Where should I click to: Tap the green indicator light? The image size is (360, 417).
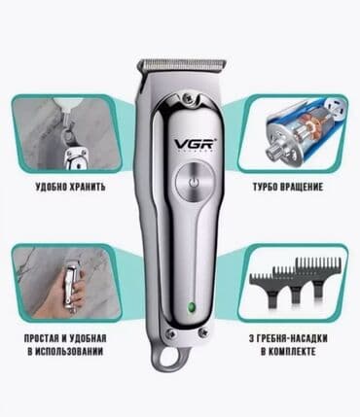(x=192, y=307)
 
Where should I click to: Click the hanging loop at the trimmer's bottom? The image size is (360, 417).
(x=169, y=357)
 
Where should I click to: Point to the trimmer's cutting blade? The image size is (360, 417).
(x=182, y=64)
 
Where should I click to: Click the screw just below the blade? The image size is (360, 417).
(x=187, y=96)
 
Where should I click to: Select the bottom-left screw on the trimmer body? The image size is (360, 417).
(x=168, y=332)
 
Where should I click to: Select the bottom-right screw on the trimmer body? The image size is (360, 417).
(x=203, y=332)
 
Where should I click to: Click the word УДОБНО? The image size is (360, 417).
(x=51, y=187)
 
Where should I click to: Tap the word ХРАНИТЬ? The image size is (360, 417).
(x=88, y=187)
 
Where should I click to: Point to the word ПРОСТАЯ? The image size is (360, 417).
(x=41, y=338)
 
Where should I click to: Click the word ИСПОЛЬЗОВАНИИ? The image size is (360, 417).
(x=69, y=352)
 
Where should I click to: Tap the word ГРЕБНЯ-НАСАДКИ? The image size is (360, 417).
(x=293, y=338)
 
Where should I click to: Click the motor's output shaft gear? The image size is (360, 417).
(x=272, y=151)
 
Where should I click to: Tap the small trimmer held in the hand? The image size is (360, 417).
(x=71, y=285)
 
